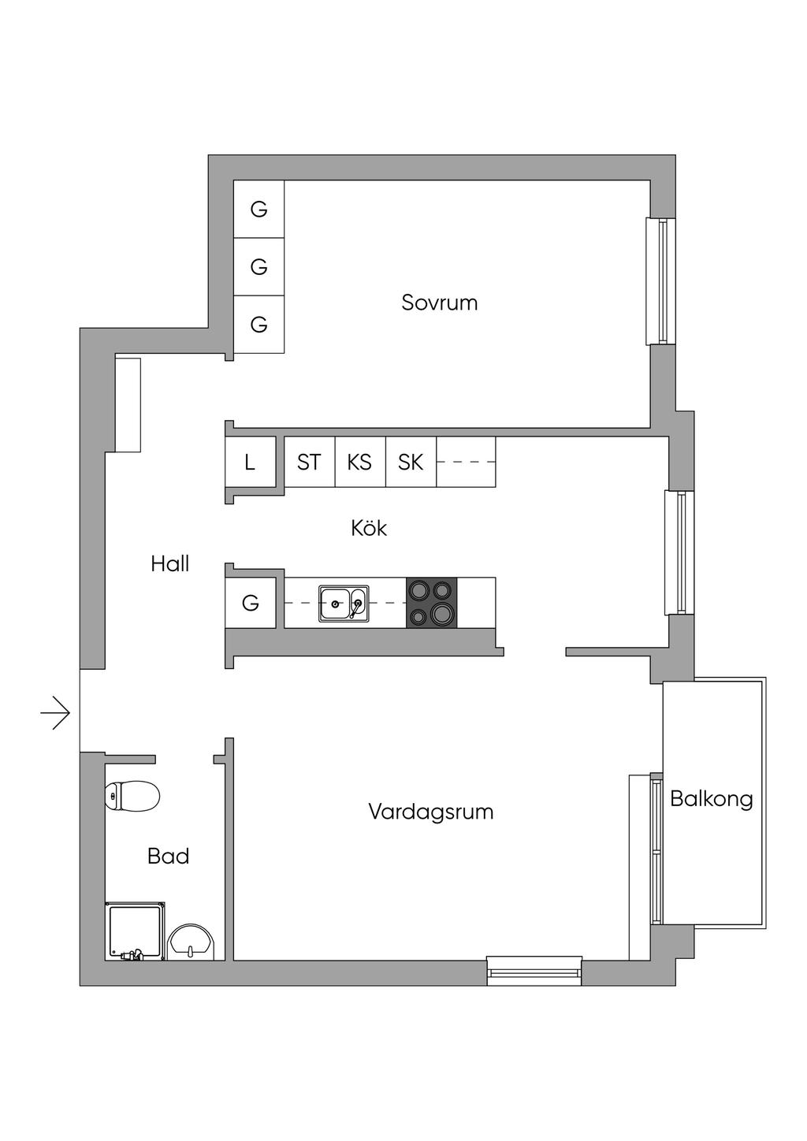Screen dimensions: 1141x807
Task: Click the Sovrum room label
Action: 439,303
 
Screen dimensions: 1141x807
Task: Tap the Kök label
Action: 369,528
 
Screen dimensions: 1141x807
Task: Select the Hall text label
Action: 170,564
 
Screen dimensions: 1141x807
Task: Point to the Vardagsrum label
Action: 430,812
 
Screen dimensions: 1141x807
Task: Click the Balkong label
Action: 711,799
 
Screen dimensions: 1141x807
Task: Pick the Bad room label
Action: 168,857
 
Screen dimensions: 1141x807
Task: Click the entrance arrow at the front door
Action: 56,714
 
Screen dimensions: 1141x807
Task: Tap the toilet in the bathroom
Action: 132,796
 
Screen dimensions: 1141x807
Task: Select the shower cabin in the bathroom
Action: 135,931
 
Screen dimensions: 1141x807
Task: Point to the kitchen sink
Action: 343,604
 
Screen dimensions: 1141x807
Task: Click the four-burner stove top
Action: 431,603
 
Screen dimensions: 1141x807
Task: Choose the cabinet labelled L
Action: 250,463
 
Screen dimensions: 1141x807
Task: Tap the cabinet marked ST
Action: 309,463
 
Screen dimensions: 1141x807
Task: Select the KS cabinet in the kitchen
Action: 359,463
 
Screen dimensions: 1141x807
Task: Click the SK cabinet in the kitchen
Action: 411,463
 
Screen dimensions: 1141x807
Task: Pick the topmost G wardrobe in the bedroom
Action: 258,209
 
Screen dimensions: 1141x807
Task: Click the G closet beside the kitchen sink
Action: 251,604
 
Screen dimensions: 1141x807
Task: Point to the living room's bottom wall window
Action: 534,970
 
